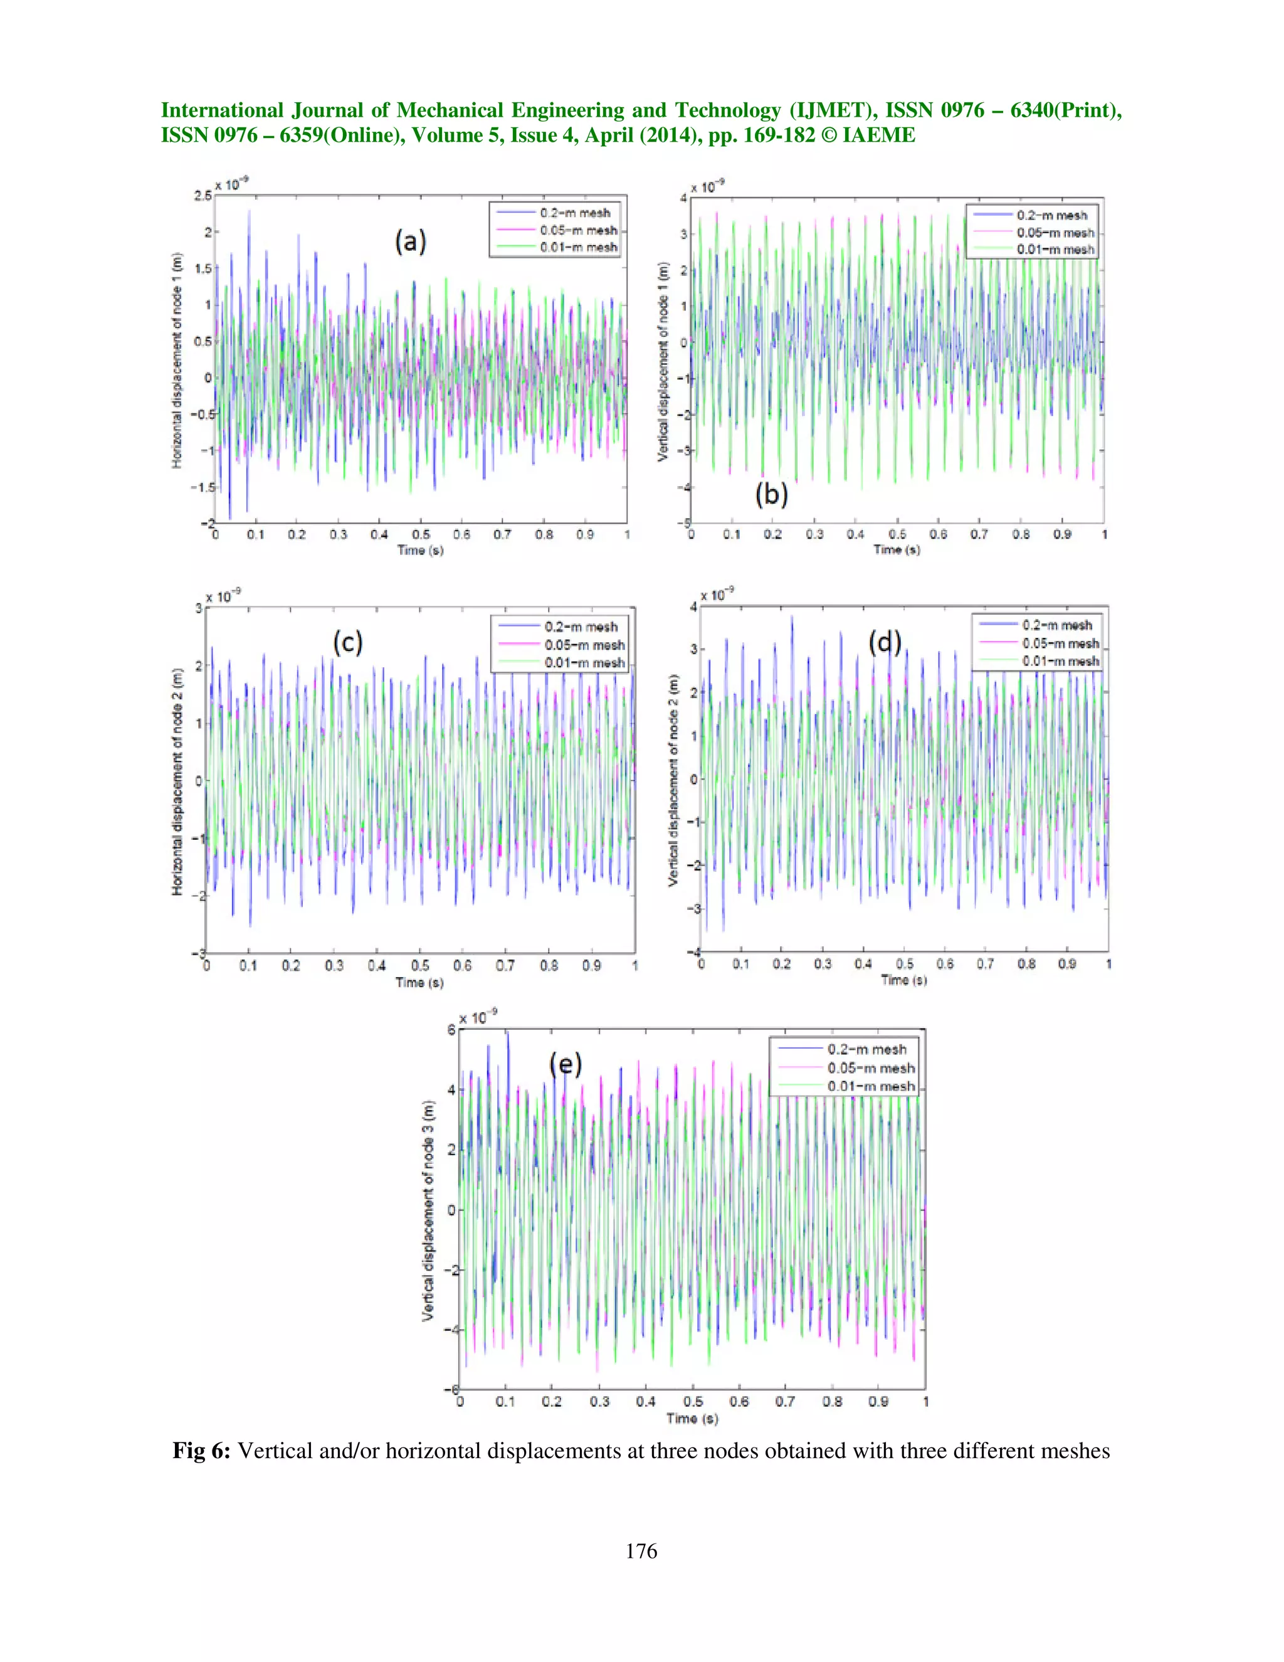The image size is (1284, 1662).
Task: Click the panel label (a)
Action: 410,242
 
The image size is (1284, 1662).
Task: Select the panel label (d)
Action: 885,644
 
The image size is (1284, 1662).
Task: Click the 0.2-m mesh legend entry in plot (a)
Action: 574,213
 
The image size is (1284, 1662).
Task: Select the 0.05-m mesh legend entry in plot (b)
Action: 1055,232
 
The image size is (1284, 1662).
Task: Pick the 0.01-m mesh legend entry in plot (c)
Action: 584,663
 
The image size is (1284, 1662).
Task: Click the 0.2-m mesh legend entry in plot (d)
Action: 1056,625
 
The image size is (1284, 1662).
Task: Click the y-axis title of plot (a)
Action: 177,360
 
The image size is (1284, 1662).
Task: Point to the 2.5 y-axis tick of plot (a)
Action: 202,196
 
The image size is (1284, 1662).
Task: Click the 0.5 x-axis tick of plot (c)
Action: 420,966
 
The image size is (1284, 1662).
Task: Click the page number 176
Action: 641,1551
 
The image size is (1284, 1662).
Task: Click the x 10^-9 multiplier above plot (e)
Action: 477,1017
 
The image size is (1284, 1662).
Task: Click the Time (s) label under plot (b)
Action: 896,549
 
